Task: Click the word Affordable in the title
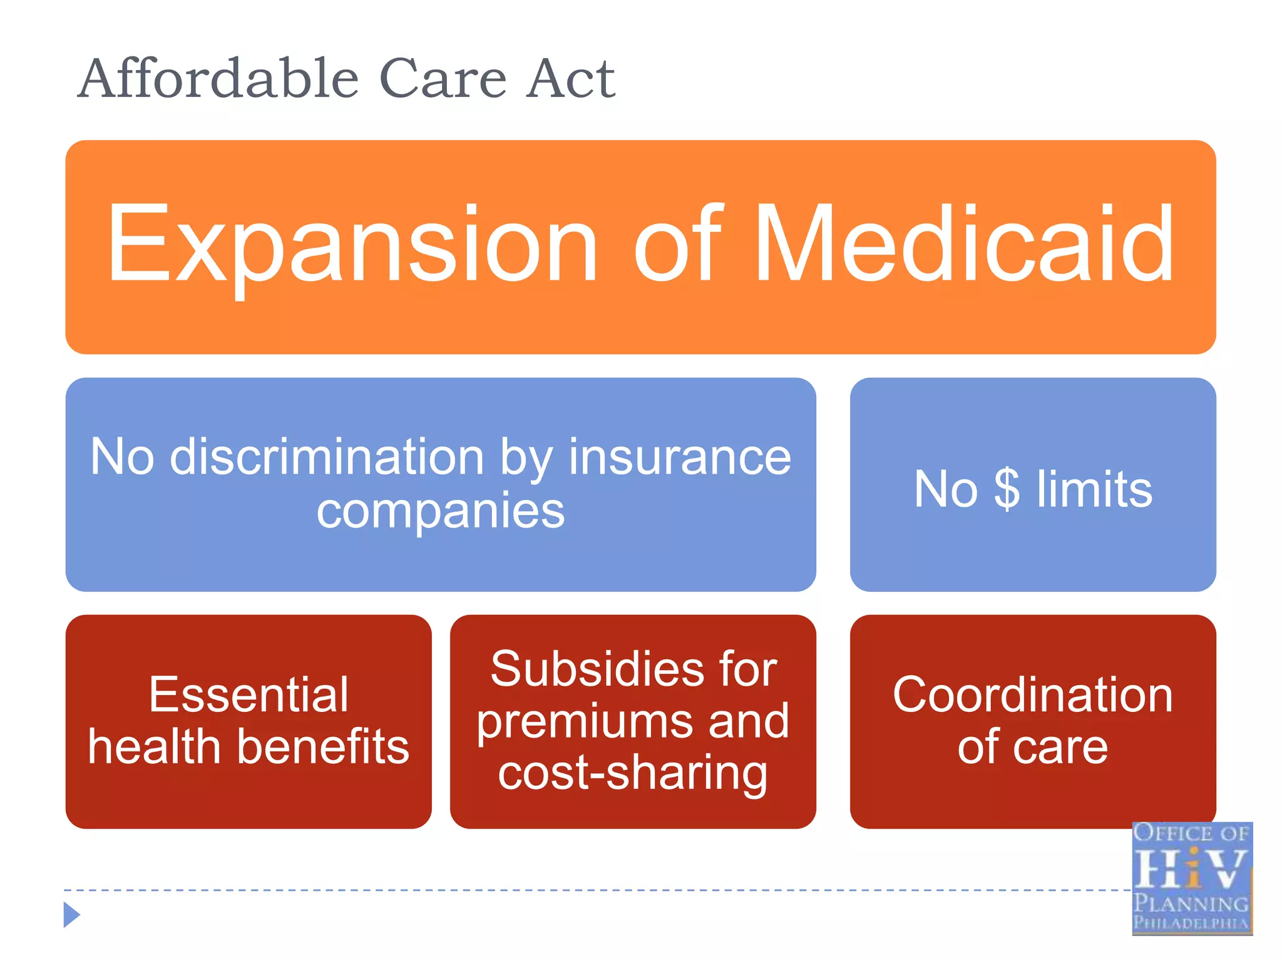[218, 79]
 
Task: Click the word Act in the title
[570, 80]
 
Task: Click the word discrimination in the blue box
[327, 457]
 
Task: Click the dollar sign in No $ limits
[1007, 490]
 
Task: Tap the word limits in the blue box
[1094, 490]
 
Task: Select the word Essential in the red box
[249, 695]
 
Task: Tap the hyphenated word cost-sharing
[632, 774]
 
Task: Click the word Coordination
[1032, 695]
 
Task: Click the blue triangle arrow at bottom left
[71, 915]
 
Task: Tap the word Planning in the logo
[1191, 903]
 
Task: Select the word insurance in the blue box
[680, 457]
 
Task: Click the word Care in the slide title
[443, 80]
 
